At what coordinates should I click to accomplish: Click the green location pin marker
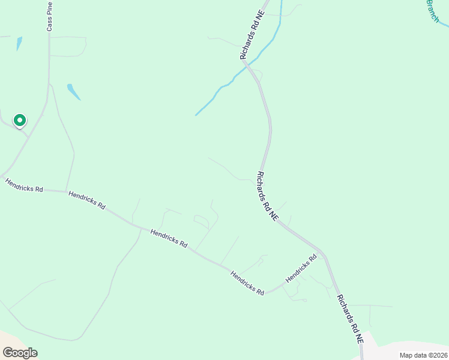[20, 121]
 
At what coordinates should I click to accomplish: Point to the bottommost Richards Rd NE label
[350, 319]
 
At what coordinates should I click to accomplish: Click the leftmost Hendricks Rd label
[24, 185]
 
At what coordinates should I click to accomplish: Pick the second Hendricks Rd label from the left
[87, 200]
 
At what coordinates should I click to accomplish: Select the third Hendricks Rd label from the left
[169, 239]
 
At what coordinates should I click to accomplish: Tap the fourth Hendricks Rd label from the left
[247, 282]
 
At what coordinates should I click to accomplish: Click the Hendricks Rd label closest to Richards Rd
[301, 269]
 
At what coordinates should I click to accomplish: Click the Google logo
[20, 352]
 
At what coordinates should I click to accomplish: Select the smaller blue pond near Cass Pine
[19, 43]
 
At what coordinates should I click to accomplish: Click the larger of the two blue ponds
[73, 91]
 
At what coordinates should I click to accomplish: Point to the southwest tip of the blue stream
[196, 115]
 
